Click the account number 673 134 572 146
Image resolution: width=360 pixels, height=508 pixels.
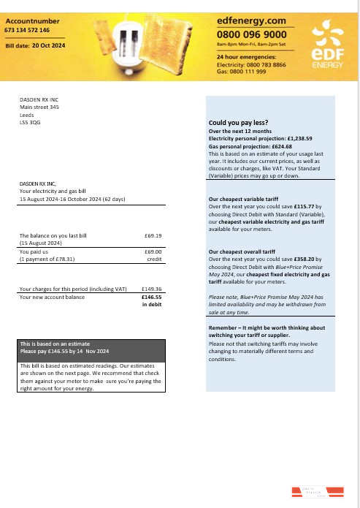point(27,31)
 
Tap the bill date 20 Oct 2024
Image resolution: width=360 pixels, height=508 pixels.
point(49,45)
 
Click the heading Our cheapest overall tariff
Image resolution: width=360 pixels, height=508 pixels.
point(240,251)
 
